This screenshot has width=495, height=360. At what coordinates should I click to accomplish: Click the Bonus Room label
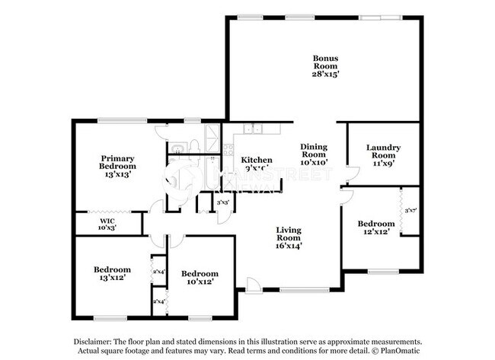coord(325,62)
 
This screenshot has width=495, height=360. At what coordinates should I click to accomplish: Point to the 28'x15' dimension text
coord(325,74)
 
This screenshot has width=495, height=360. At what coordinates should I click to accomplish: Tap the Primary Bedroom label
coord(118,162)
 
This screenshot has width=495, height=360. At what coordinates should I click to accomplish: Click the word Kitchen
coord(257,160)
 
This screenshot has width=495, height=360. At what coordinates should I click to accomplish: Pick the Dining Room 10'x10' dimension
coord(314,162)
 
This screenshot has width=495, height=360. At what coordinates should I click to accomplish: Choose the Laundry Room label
coord(383,151)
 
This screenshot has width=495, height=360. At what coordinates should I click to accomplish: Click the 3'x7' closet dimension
coord(411,210)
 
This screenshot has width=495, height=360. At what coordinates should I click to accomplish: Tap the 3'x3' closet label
coord(223,202)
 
